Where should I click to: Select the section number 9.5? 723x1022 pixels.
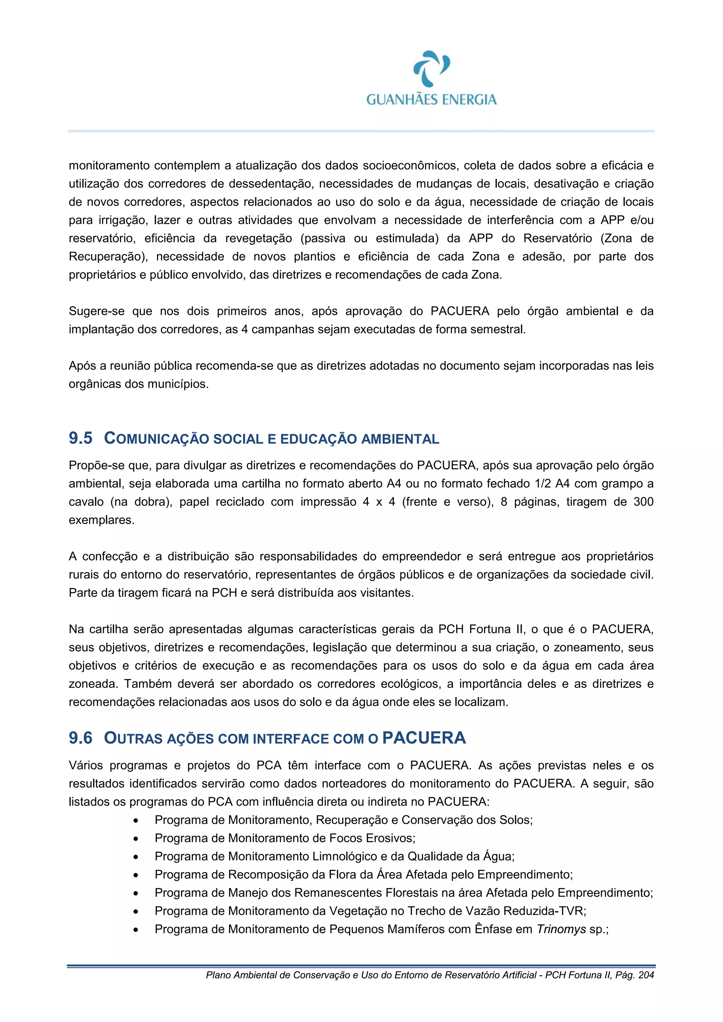pyautogui.click(x=80, y=438)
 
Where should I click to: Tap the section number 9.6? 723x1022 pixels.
pyautogui.click(x=80, y=738)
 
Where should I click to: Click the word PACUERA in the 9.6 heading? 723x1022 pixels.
pyautogui.click(x=424, y=738)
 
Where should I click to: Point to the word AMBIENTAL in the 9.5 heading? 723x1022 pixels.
pyautogui.click(x=400, y=439)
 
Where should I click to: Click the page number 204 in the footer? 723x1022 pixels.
pyautogui.click(x=646, y=975)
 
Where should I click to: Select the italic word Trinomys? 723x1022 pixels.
pyautogui.click(x=561, y=929)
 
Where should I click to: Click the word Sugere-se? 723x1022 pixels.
pyautogui.click(x=97, y=311)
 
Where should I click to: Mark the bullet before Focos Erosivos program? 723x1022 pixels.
pyautogui.click(x=136, y=839)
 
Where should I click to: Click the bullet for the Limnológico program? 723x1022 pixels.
pyautogui.click(x=136, y=857)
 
